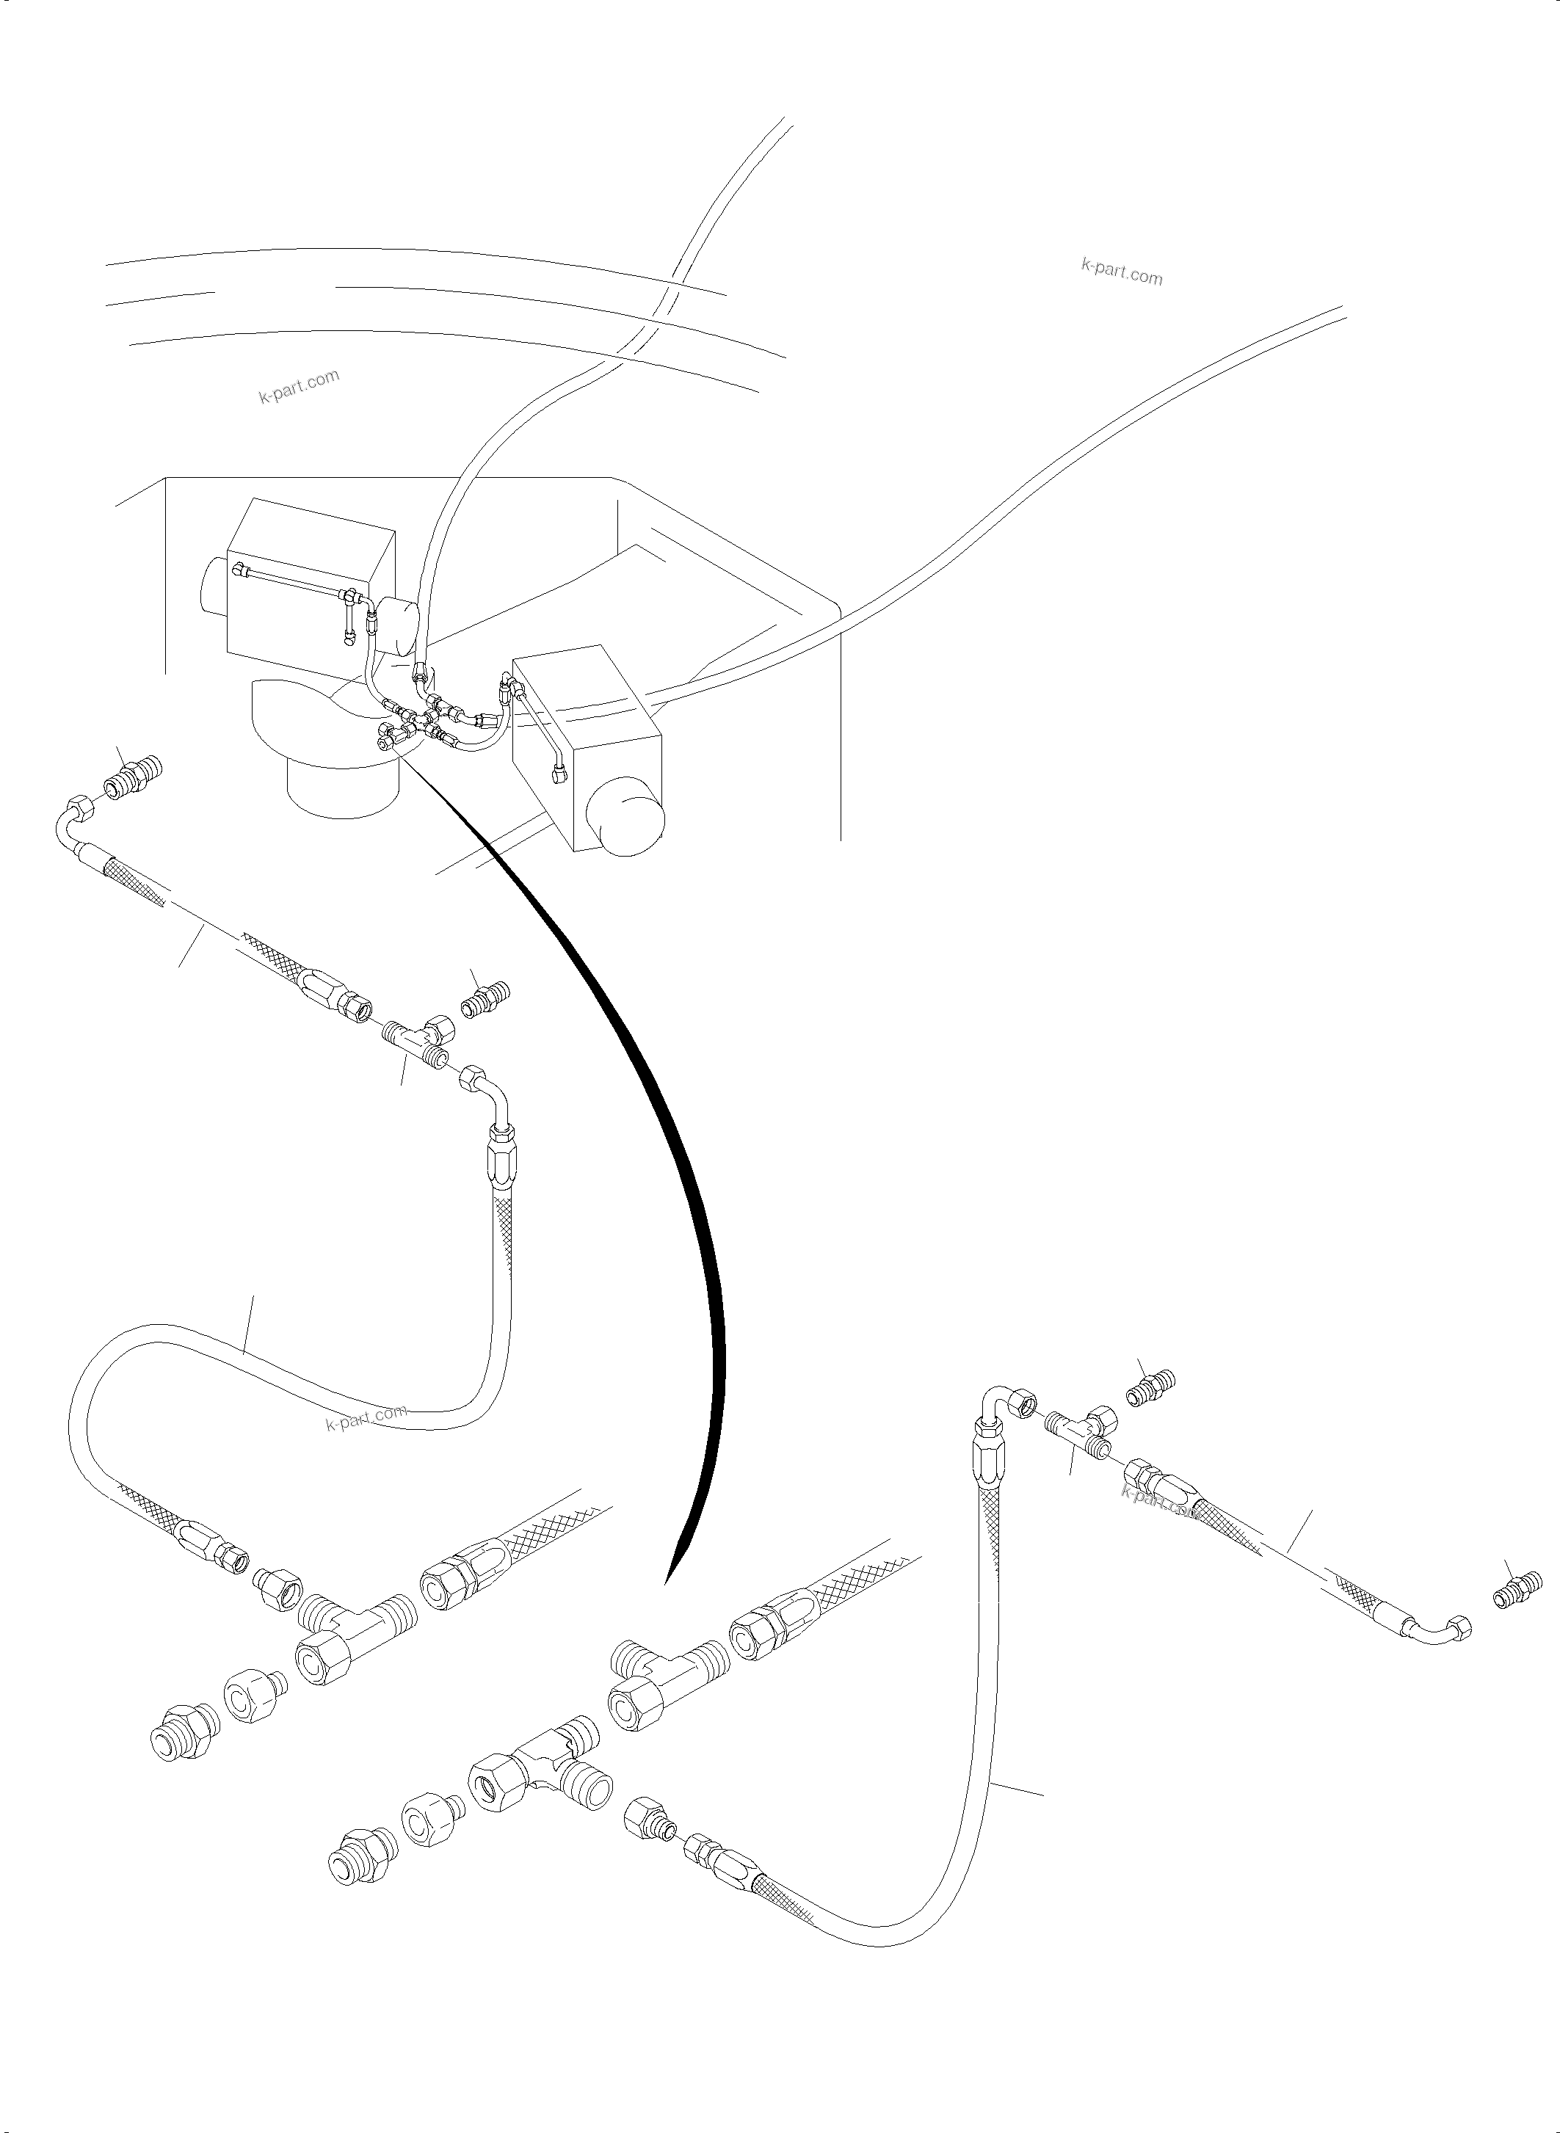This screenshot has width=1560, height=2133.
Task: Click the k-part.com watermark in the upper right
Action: pos(1121,272)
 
